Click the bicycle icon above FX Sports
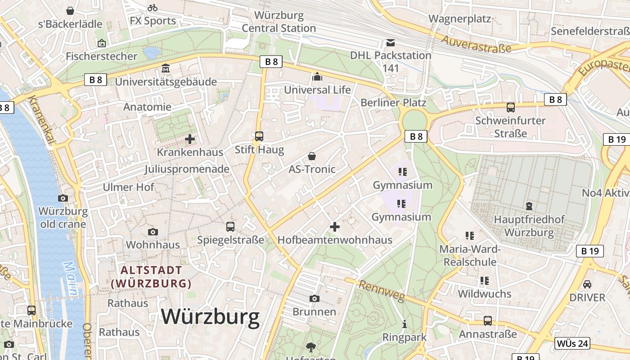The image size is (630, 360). (153, 8)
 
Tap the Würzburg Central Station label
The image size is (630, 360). (279, 22)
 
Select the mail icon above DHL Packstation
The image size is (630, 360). (391, 43)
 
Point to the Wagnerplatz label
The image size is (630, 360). (459, 18)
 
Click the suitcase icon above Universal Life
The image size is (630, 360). (317, 77)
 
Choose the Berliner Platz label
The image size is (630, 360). (393, 103)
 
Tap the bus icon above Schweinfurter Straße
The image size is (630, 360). (510, 108)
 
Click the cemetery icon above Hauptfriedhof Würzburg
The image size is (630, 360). (529, 206)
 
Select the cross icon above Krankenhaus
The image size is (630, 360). (190, 139)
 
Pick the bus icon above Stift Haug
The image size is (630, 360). (259, 136)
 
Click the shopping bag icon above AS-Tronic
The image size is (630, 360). (312, 156)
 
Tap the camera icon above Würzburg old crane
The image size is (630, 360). (63, 198)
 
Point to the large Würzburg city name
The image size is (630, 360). (210, 316)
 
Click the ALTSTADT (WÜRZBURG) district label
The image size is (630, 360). (151, 277)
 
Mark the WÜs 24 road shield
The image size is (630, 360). (571, 343)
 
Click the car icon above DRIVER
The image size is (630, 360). (587, 284)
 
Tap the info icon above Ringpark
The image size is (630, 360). (404, 324)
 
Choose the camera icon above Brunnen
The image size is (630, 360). (314, 298)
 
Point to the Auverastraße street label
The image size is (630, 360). (476, 45)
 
